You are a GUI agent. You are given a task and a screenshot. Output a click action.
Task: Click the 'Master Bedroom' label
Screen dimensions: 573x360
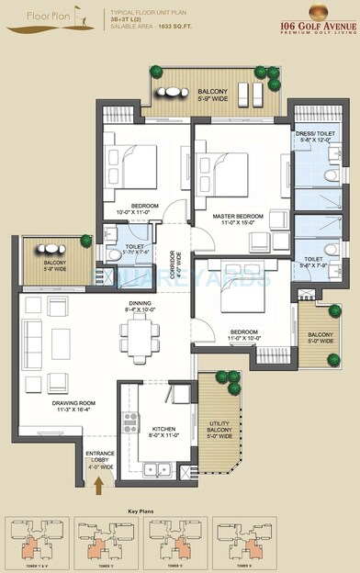tap(238, 216)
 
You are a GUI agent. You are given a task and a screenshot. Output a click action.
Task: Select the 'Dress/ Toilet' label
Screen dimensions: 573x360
tap(317, 134)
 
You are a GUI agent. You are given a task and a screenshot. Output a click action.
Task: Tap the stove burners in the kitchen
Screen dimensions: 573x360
tap(130, 425)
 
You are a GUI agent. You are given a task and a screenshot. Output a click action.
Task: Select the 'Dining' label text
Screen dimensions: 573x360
tap(140, 302)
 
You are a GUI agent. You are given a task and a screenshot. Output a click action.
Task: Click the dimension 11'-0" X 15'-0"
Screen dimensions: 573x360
tap(238, 223)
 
